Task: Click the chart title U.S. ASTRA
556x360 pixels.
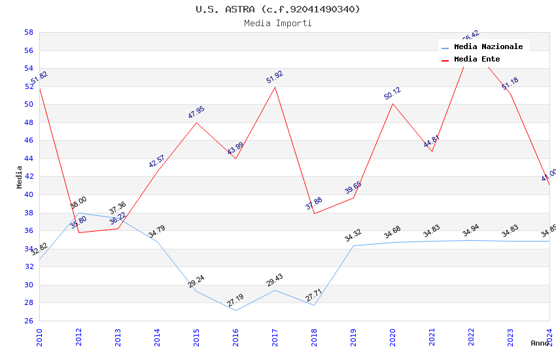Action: point(278,9)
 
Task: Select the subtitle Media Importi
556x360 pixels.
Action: point(278,24)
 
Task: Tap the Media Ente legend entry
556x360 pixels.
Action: point(477,60)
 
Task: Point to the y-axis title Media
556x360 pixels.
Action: point(20,177)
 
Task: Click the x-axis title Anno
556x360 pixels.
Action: point(540,343)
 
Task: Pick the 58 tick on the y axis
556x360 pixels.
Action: point(29,32)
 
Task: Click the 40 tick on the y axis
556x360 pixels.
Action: point(29,194)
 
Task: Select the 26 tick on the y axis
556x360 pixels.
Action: point(29,321)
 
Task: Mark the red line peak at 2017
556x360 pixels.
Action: point(275,87)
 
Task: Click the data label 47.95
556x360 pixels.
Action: point(196,112)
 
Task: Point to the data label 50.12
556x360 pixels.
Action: point(392,93)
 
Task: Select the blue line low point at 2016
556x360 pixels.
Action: point(235,310)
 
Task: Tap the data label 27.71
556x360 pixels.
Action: point(314,293)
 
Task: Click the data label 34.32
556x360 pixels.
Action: point(353,235)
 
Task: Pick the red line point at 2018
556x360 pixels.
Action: point(314,213)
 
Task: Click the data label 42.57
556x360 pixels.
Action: point(157,161)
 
